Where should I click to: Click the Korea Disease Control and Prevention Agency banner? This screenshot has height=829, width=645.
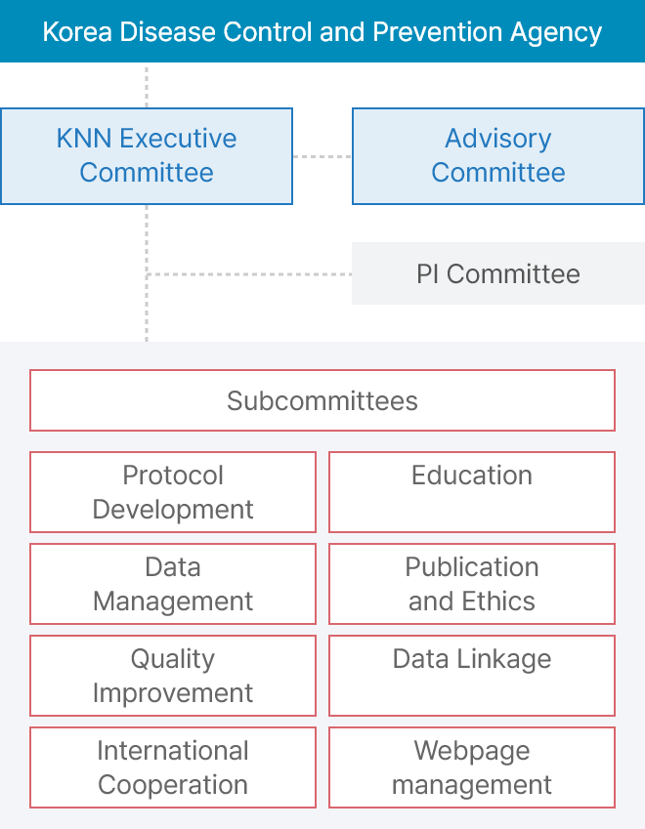coord(322,31)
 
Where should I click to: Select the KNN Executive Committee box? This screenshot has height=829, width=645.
coord(147,156)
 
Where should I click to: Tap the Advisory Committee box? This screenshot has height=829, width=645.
coord(498,156)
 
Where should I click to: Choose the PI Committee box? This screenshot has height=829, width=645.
coord(498,273)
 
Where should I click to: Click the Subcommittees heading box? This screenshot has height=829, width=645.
coord(322,400)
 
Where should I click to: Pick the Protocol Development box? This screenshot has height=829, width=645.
coord(173,492)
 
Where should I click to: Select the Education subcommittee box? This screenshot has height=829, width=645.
coord(472,492)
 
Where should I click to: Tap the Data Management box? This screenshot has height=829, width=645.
coord(173,584)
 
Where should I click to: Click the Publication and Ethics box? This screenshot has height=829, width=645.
coord(472,584)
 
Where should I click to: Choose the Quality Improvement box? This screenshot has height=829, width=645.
coord(173,676)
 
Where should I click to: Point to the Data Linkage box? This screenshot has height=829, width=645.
coord(472,676)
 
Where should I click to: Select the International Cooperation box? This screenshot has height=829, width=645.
coord(173,767)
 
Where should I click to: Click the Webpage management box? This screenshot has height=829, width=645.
coord(472,767)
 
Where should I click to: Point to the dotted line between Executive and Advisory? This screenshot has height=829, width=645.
coord(322,156)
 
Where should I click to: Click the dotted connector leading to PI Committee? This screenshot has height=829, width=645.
coord(249,274)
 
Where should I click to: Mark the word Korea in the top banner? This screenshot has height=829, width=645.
coord(77,31)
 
